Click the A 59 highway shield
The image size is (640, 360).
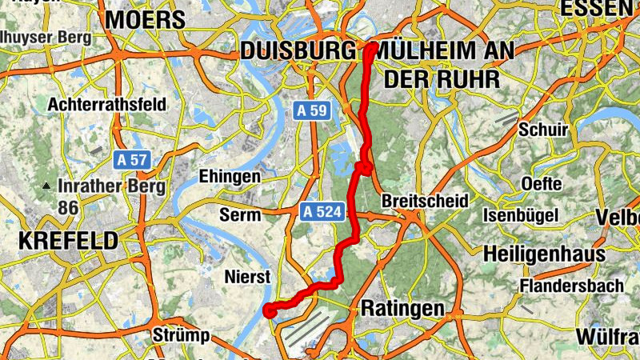click(x=309, y=110)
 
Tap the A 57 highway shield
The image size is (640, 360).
click(x=130, y=159)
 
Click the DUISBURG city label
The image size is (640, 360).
click(x=298, y=51)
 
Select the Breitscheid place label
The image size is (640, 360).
click(x=425, y=200)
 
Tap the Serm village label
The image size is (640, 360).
click(x=240, y=215)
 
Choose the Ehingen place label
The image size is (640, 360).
click(x=230, y=176)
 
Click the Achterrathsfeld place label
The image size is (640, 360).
click(x=107, y=104)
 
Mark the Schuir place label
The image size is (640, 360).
click(x=543, y=130)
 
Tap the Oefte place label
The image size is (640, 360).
click(x=541, y=183)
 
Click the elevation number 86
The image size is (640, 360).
click(x=67, y=207)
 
